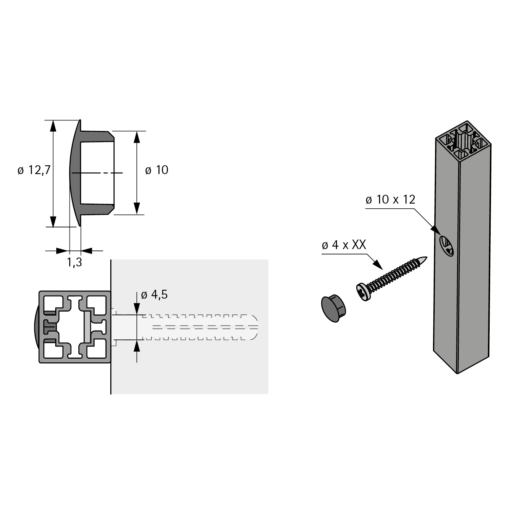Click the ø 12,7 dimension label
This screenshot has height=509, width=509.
pyautogui.click(x=34, y=170)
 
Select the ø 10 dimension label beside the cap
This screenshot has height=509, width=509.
pyautogui.click(x=156, y=170)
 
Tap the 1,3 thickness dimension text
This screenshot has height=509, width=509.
pyautogui.click(x=74, y=262)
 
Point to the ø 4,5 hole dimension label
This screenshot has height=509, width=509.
pyautogui.click(x=154, y=295)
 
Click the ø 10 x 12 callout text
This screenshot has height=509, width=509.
pyautogui.click(x=390, y=200)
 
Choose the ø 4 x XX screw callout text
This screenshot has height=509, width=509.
pyautogui.click(x=344, y=245)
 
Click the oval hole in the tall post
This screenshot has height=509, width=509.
pyautogui.click(x=447, y=246)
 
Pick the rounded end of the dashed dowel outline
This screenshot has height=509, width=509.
pyautogui.click(x=254, y=327)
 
